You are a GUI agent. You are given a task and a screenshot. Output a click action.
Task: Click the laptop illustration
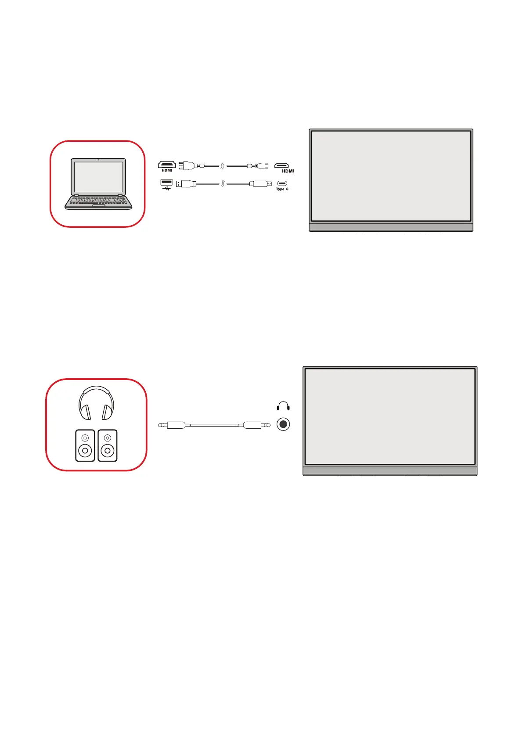[x=98, y=184]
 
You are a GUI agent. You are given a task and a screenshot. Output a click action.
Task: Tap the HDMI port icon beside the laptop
[x=167, y=165]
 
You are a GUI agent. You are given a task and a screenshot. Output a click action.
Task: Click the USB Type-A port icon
[x=166, y=183]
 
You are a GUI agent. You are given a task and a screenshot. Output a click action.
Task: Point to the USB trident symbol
[x=166, y=189]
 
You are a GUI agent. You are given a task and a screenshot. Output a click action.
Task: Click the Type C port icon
[x=282, y=183]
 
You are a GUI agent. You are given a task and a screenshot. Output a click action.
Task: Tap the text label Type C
[x=282, y=189]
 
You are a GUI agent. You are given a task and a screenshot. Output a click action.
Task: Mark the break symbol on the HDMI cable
[x=223, y=166]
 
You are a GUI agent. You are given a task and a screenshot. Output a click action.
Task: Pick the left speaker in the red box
[x=85, y=445]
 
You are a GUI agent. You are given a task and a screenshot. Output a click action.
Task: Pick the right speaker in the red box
[x=108, y=445]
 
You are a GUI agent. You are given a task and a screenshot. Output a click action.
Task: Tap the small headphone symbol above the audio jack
[x=283, y=406]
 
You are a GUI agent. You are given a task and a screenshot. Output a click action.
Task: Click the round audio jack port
[x=283, y=424]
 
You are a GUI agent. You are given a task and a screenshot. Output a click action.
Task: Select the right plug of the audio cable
[x=254, y=425]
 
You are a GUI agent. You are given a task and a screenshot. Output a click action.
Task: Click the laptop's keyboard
[x=98, y=201]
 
